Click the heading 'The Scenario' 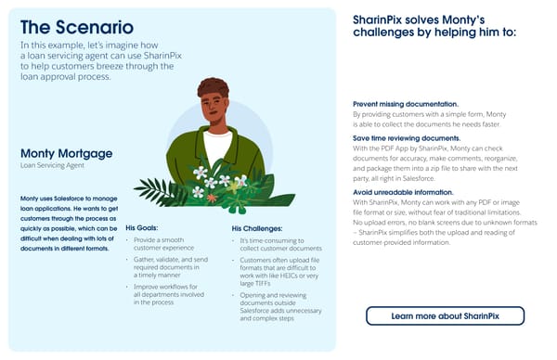point(76,28)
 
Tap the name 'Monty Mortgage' point(66,153)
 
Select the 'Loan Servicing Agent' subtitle point(53,166)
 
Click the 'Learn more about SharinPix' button point(445,316)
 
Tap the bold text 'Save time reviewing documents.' point(406,137)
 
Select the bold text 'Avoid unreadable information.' point(403,190)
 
